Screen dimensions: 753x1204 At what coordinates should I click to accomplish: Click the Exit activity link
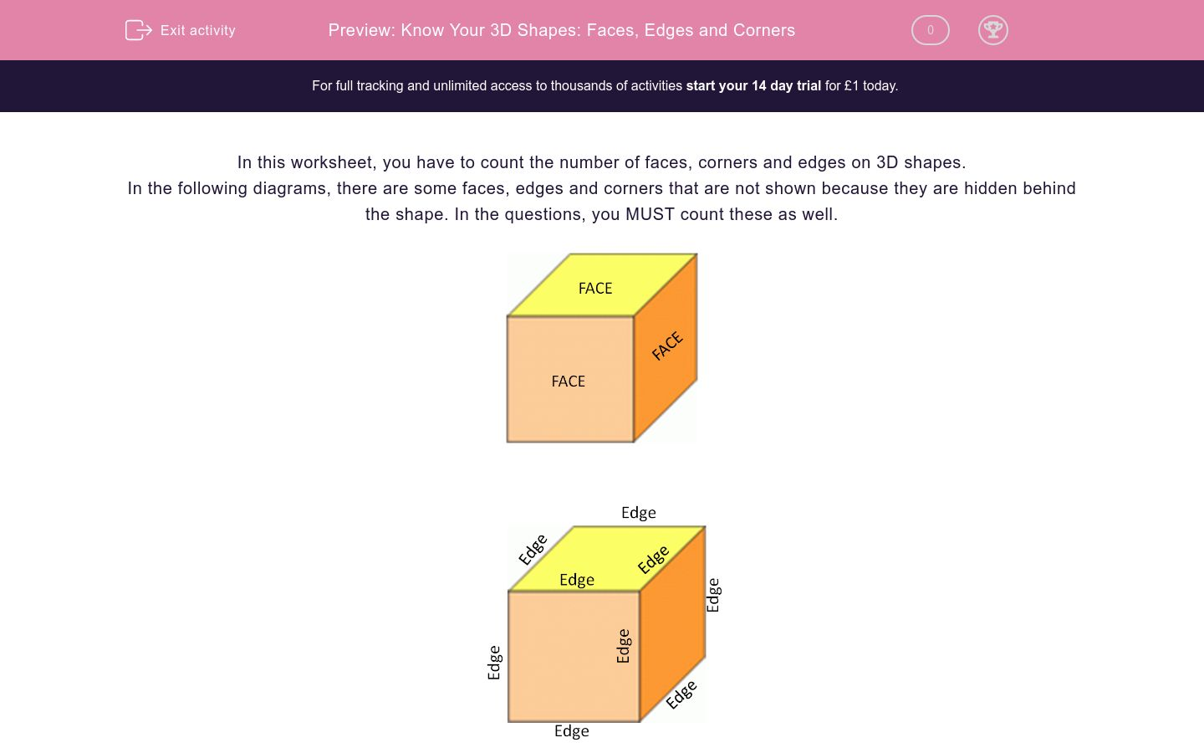click(197, 30)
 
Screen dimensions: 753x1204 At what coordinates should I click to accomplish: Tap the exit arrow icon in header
click(138, 30)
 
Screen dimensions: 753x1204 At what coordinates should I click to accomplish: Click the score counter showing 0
click(930, 30)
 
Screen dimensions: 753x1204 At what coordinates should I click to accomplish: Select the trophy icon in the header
click(992, 30)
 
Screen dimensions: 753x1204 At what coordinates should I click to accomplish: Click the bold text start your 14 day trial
click(752, 85)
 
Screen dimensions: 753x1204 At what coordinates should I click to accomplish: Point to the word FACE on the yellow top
click(595, 289)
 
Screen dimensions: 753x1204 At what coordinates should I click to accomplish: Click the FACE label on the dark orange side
click(667, 346)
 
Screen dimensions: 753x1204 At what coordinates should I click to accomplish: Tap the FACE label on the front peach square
click(569, 382)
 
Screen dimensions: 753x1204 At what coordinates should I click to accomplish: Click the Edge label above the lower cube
click(638, 513)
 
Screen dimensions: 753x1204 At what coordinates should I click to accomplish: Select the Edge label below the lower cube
click(572, 731)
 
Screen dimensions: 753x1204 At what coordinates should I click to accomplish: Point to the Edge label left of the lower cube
click(494, 662)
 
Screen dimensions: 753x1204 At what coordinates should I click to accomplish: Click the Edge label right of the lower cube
click(713, 595)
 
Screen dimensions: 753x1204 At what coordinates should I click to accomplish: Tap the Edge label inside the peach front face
click(623, 646)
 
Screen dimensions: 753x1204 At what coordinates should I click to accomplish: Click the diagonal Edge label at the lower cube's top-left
click(533, 549)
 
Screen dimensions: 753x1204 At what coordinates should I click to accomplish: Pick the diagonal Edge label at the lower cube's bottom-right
click(681, 694)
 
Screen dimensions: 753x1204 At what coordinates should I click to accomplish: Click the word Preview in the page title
click(360, 30)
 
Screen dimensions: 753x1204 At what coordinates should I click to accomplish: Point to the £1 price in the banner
click(852, 85)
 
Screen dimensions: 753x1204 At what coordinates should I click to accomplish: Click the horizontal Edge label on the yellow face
click(577, 580)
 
